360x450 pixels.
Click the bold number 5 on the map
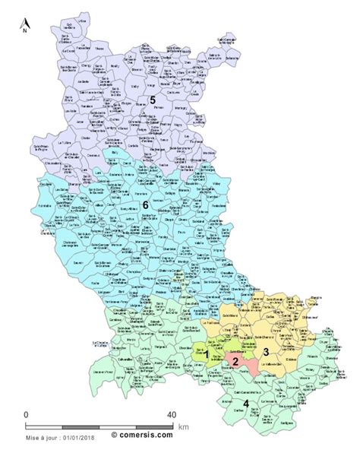[152, 100]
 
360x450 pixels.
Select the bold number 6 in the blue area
[145, 205]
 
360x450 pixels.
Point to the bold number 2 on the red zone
[236, 362]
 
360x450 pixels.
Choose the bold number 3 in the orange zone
[266, 351]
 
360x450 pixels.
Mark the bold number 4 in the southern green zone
[244, 404]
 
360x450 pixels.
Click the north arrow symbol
[24, 23]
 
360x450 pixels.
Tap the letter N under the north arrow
[24, 33]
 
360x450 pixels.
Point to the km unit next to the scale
[184, 427]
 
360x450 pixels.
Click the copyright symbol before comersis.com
[115, 437]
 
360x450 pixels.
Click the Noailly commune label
[115, 66]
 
